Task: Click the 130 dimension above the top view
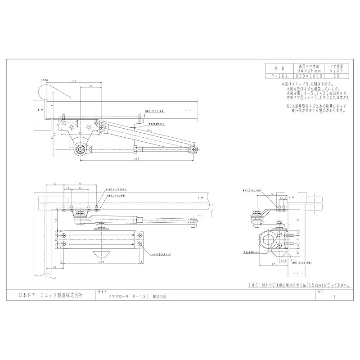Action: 73,81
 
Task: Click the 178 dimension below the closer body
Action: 102,261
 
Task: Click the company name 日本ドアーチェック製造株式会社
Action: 50,296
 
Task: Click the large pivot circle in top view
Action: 81,149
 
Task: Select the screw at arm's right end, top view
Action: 193,148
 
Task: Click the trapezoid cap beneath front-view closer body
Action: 102,250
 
